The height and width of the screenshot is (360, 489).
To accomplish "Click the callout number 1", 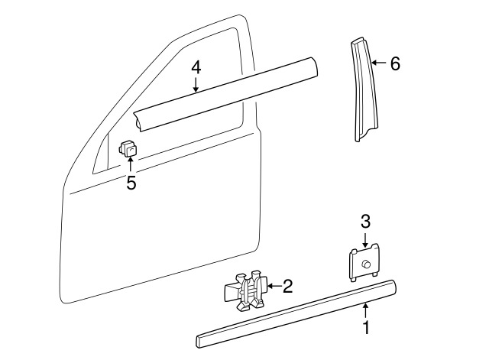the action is [x=366, y=329].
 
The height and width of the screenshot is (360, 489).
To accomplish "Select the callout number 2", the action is [x=288, y=287].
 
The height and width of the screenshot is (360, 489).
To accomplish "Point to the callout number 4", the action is [x=196, y=67].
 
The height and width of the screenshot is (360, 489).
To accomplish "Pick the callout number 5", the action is [x=131, y=183].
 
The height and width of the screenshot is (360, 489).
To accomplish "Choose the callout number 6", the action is [x=395, y=63].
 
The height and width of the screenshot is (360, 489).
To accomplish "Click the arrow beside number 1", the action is [x=366, y=310].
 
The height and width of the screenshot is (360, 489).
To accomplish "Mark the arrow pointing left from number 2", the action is [x=273, y=287].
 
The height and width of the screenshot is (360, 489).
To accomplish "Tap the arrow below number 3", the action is [x=365, y=240].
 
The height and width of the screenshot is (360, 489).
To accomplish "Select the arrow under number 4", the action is [x=196, y=86].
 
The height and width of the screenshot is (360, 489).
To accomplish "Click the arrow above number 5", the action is [x=131, y=165].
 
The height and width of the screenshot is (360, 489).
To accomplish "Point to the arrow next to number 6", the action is [x=378, y=63].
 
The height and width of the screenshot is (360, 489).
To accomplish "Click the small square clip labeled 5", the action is [x=129, y=147].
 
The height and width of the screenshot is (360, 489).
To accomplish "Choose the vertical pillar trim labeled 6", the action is [x=363, y=92].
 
